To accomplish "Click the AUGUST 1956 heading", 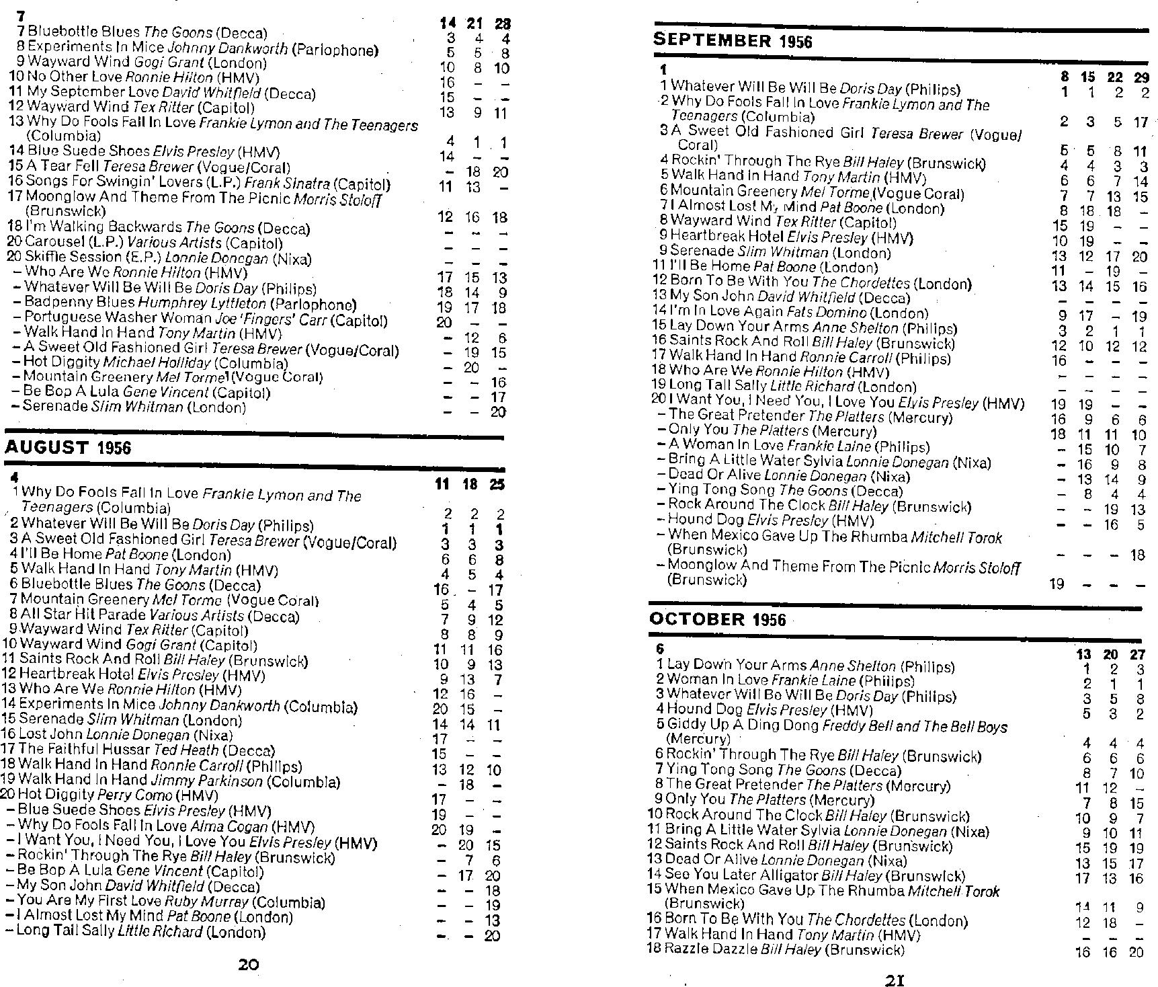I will tap(68, 448).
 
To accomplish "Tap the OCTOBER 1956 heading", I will tap(717, 619).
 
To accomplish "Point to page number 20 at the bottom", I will tap(249, 964).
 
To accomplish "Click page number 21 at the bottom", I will tap(893, 980).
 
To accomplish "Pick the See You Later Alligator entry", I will tap(742, 875).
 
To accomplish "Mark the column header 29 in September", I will tap(1141, 77).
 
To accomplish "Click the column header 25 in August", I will tap(497, 484).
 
